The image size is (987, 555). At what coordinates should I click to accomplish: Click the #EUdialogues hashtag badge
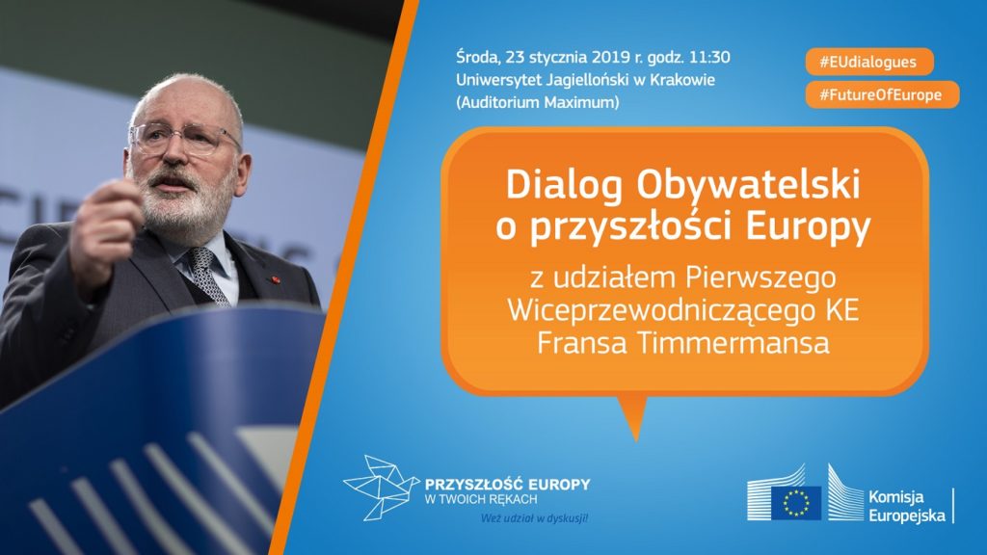tap(869, 62)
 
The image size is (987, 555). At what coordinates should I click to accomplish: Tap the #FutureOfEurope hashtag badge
tap(882, 94)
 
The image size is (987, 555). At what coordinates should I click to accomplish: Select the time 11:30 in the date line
tap(709, 57)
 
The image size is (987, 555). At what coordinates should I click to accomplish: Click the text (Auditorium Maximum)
tap(538, 102)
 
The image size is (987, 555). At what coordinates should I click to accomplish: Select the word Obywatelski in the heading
tap(748, 184)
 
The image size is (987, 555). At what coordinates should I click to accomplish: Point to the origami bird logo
tap(380, 488)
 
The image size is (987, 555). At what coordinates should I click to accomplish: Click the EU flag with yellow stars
tap(796, 503)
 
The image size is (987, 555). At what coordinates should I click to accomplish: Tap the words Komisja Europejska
tap(907, 506)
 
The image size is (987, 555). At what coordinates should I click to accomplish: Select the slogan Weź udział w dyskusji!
tap(534, 518)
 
